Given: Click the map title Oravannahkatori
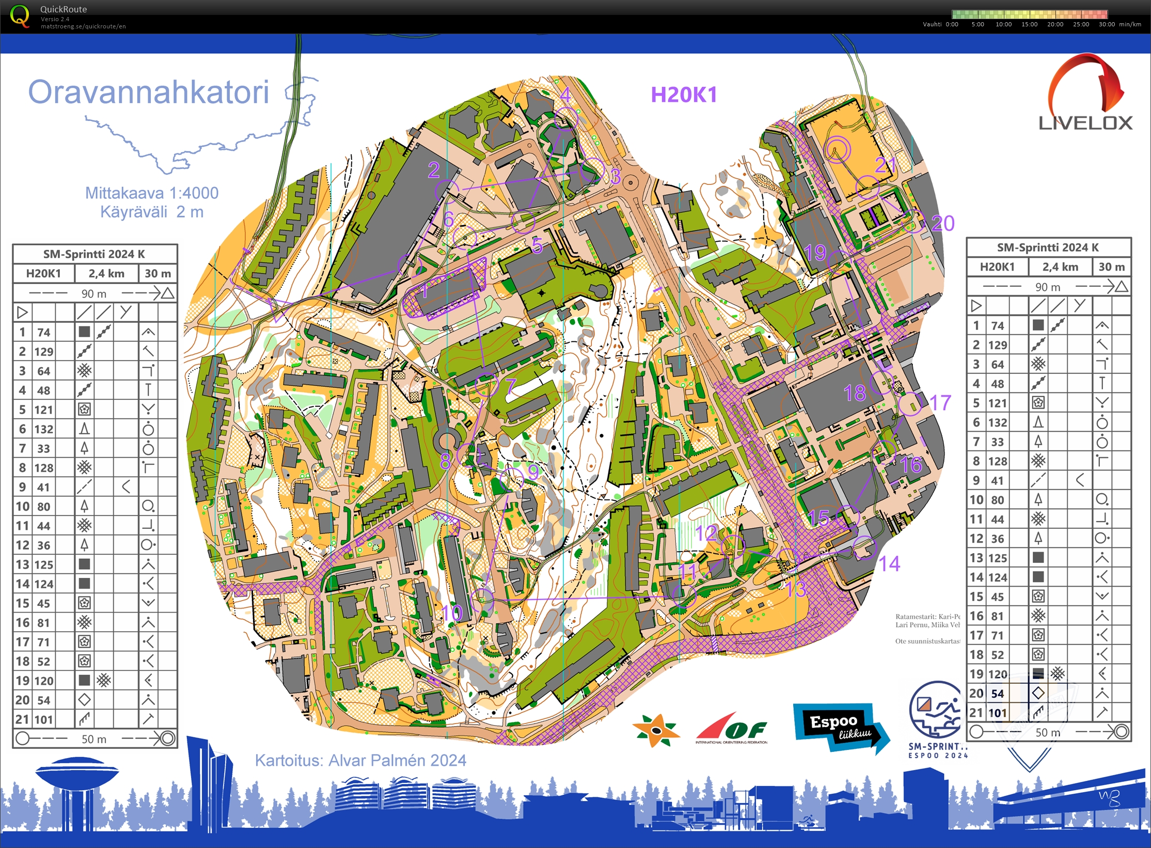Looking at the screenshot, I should point(149,92).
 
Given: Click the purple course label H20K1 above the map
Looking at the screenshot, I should point(683,95).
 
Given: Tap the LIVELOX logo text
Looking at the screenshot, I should point(1085,123).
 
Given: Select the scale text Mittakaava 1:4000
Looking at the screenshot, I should point(151,193).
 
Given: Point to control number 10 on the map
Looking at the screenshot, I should point(452,613).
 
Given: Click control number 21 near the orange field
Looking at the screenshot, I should point(885,165).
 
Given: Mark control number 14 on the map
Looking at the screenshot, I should point(889,563).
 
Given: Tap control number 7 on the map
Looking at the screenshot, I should point(510,386).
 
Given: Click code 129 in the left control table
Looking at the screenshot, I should point(44,352).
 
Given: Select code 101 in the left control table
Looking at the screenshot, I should point(44,719).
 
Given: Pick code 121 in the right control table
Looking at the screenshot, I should point(997,403).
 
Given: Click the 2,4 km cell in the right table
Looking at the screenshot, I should point(1060,267).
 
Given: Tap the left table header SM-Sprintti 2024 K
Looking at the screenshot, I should point(94,254).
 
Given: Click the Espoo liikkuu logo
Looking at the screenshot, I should point(839,728).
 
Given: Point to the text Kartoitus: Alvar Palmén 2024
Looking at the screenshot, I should point(360,760).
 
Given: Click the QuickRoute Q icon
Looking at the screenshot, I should point(20,15).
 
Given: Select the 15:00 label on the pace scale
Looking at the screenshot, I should point(1029,24).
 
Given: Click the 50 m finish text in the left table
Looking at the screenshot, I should point(94,739).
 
